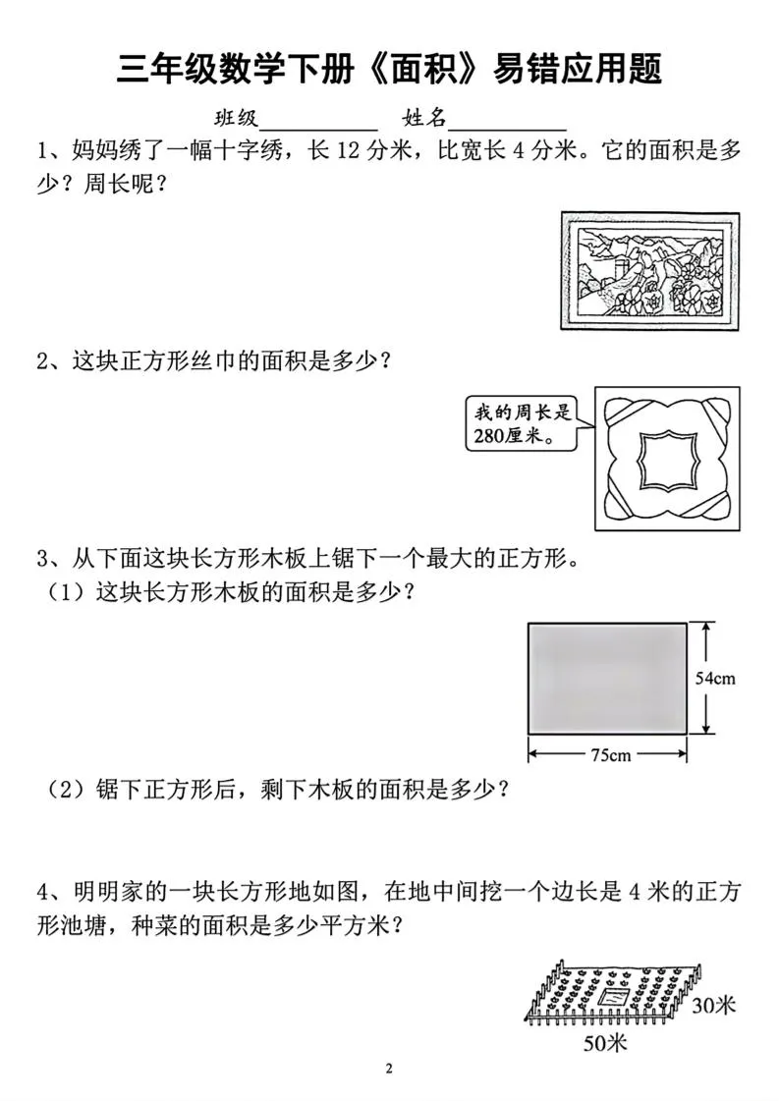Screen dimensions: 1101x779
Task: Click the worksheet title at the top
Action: (389, 69)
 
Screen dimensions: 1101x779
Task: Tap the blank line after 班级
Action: (317, 122)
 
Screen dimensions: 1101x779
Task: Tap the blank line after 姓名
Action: (507, 122)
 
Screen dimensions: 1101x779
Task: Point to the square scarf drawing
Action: (666, 458)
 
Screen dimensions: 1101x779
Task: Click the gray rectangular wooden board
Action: (606, 678)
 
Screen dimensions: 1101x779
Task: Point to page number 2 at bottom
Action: (390, 1069)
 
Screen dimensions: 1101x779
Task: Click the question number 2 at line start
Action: (43, 360)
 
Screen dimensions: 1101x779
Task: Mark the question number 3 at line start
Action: (43, 559)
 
